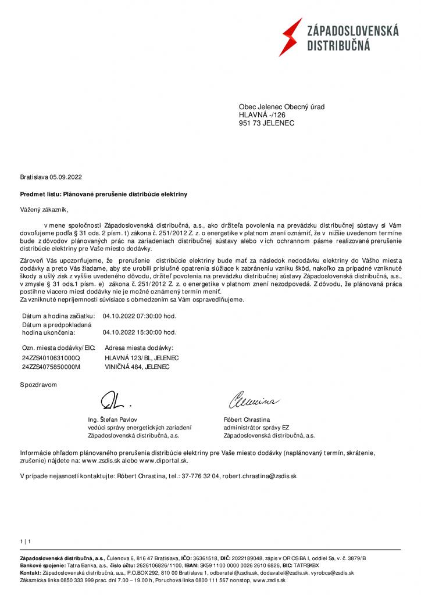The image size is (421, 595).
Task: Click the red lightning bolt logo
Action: point(290,37)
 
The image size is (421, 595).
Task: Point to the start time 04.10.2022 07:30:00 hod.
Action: point(139,316)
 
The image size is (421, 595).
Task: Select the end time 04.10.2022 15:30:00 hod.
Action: point(139,333)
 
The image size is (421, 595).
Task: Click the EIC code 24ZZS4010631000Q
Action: point(50,358)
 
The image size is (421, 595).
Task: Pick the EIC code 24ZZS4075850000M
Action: point(51,367)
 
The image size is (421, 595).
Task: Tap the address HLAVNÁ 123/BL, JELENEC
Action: point(141,358)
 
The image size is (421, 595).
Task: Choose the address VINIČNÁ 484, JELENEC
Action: point(137,367)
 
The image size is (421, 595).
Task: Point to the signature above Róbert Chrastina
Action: point(254,400)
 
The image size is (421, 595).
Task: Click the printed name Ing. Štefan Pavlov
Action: point(113,419)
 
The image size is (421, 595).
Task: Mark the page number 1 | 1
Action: point(25,542)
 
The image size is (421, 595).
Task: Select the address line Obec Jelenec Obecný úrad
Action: point(281,107)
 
